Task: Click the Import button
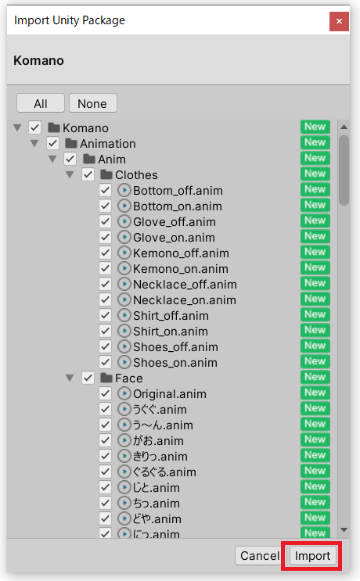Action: pos(312,555)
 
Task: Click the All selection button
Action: pos(41,103)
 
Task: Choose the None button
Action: pos(92,103)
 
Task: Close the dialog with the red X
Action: pos(339,21)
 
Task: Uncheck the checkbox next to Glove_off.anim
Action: pos(106,221)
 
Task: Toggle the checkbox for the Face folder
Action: pos(88,378)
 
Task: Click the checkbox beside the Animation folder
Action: pos(52,143)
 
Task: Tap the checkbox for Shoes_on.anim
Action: pos(106,362)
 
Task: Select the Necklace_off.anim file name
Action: pos(185,284)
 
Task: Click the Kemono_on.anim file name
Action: pos(181,269)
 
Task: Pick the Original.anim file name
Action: pos(170,394)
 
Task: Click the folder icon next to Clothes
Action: pos(106,174)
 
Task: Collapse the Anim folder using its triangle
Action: pos(52,159)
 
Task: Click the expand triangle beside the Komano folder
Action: pos(17,127)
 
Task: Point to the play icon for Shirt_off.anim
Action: pos(124,315)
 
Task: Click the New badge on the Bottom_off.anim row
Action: pos(315,189)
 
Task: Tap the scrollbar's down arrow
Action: pos(344,530)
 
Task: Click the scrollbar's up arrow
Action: pos(344,127)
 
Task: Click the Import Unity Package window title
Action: pos(70,20)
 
